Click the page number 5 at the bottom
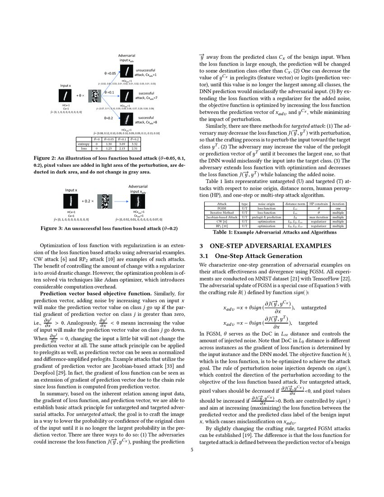[192, 450]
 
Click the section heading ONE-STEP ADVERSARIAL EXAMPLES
[270, 246]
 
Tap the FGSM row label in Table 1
[221, 208]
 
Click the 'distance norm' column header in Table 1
[295, 203]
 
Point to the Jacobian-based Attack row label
[221, 217]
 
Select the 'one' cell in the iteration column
[337, 208]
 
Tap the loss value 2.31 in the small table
[134, 148]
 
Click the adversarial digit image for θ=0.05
[129, 71]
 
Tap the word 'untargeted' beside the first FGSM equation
[315, 308]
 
